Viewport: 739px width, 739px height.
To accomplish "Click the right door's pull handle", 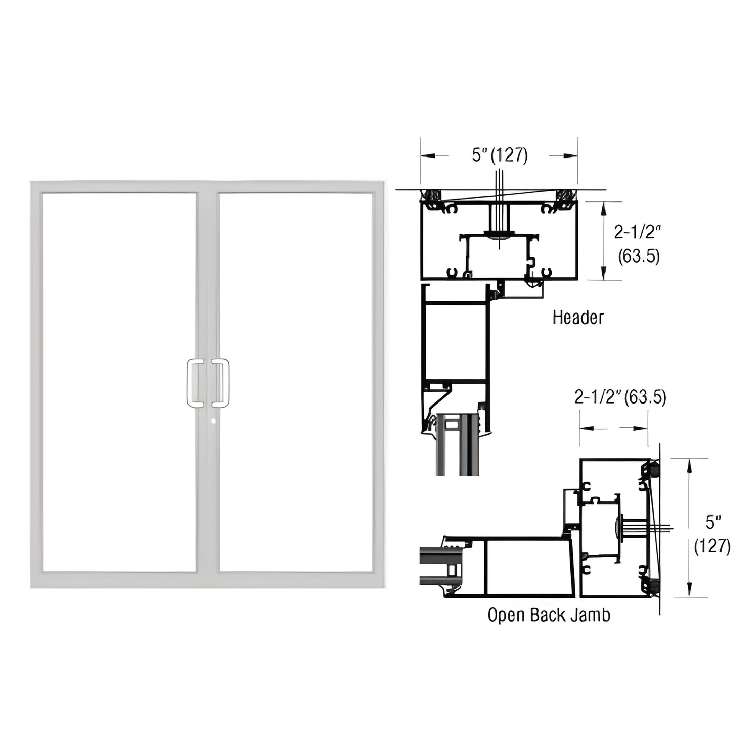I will click(x=221, y=383).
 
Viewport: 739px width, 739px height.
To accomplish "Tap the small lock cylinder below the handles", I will click(x=212, y=421).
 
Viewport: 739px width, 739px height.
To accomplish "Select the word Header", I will click(x=578, y=317).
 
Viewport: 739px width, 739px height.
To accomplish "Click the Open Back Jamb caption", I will click(x=548, y=614).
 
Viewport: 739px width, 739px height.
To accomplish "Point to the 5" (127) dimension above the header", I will click(x=499, y=155).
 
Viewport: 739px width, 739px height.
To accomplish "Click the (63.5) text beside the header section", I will click(x=638, y=256).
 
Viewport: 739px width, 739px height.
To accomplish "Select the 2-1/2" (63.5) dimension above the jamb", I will click(x=620, y=397).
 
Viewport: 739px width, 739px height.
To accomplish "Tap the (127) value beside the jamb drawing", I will click(x=711, y=546).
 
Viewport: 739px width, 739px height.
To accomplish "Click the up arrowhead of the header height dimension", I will click(x=604, y=206).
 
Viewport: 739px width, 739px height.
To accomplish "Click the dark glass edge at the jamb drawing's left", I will click(x=432, y=565).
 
